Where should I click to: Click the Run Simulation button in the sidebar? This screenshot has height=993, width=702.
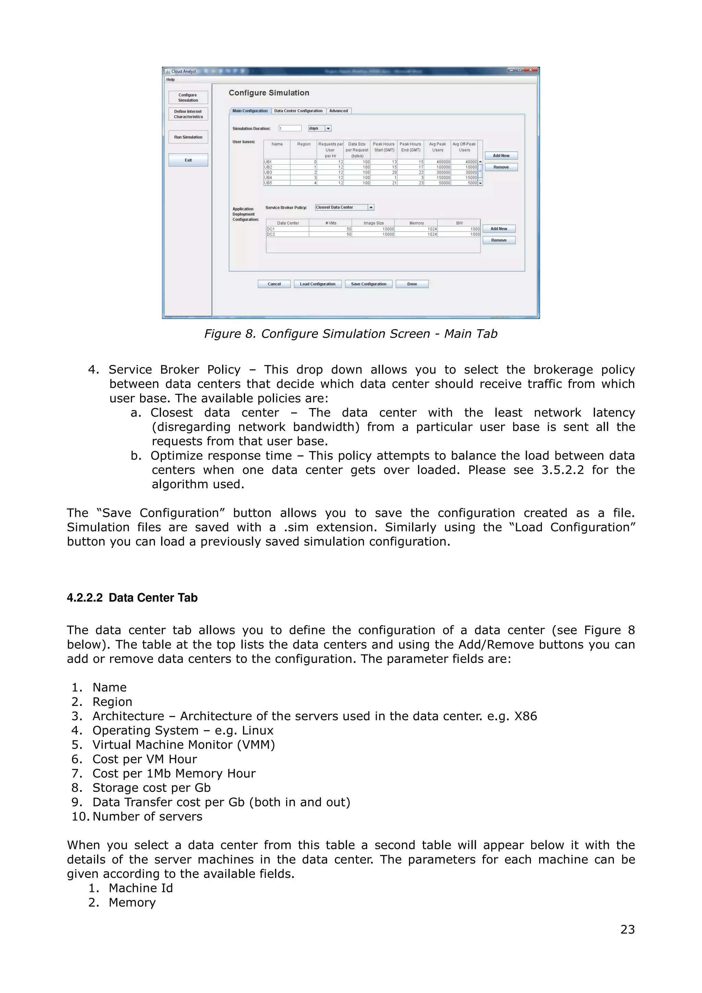[188, 137]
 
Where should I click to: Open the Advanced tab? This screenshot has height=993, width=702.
[338, 111]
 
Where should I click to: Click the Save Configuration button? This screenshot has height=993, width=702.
[368, 284]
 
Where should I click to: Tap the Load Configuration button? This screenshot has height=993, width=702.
[317, 284]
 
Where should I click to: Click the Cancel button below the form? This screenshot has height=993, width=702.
[274, 284]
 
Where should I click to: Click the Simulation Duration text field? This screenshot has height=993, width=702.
[290, 128]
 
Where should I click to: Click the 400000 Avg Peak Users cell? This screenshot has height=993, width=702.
[437, 162]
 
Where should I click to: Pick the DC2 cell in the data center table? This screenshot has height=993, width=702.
[287, 234]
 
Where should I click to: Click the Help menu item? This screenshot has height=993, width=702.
[170, 79]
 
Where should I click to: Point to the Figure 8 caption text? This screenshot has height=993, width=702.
[350, 334]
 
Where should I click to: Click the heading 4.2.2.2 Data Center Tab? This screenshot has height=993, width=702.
[132, 598]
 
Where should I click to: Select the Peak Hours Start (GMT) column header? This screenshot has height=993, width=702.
[384, 147]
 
